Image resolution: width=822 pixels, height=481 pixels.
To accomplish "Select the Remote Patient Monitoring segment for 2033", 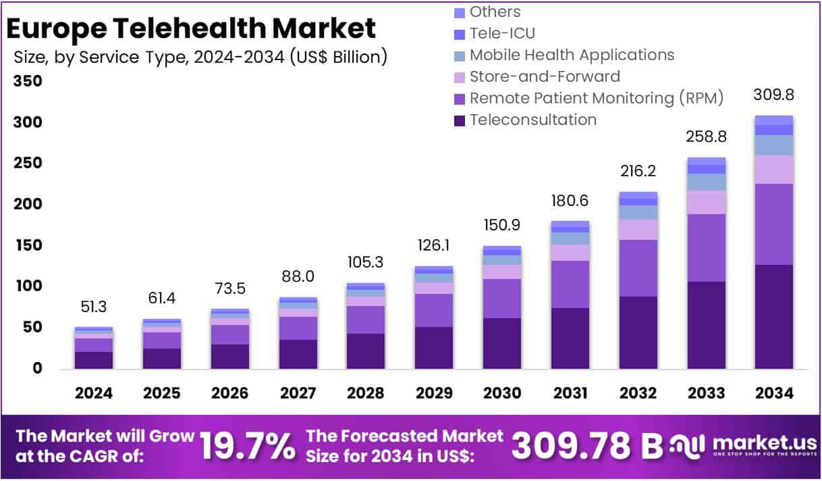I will click(706, 247).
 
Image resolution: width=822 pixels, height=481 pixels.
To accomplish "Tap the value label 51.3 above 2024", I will click(94, 307).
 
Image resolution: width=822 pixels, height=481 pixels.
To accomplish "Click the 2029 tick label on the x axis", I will click(433, 393).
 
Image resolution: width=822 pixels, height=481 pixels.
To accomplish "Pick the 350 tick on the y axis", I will click(28, 82).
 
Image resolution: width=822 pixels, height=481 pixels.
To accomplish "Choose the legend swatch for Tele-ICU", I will click(460, 34).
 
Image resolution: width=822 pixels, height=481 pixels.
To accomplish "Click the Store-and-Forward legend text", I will click(545, 76).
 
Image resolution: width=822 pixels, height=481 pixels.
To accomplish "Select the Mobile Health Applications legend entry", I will click(572, 55).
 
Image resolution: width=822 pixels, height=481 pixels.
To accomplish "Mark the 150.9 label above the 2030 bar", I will click(502, 224).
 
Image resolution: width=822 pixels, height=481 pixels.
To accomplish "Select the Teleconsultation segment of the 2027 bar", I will click(298, 353).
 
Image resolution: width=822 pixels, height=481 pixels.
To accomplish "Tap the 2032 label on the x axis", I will click(638, 393).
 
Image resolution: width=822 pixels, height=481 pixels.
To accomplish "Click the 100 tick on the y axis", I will click(28, 286).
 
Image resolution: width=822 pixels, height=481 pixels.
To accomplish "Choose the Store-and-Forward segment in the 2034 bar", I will click(773, 170).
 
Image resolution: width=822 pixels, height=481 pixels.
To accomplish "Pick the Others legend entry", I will click(495, 11).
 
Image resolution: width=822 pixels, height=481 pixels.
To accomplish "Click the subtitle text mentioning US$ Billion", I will click(200, 57).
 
